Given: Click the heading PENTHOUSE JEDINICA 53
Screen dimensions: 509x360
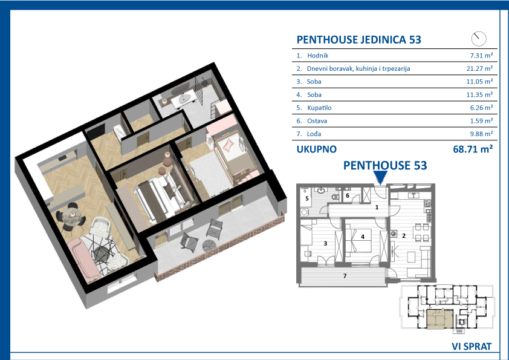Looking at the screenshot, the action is pos(358,40).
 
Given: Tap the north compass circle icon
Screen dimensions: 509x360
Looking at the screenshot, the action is pos(479,39).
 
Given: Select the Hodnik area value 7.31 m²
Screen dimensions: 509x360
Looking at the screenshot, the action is pos(481,56).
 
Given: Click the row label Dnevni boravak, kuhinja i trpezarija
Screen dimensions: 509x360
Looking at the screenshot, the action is pos(358,68).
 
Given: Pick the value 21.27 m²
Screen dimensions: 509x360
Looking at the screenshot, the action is pos(479,68).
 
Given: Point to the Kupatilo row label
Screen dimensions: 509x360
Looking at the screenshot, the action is pos(319,108).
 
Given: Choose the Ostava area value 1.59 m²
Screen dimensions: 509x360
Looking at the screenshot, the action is pos(481,121).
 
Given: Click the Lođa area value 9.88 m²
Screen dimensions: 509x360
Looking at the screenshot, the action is pos(481,134).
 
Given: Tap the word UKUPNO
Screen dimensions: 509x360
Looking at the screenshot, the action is pos(317,149).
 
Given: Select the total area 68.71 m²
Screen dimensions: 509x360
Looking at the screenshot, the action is pos(473,149).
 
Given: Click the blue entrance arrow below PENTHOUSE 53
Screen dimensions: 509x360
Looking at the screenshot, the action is pos(380,177).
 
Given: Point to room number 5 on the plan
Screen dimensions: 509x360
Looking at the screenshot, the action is pos(306,198).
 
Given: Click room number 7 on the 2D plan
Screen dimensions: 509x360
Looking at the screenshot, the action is pos(345,276).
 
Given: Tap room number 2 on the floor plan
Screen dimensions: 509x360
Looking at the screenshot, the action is pos(404,235).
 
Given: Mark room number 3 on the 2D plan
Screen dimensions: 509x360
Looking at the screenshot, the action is pos(325,243).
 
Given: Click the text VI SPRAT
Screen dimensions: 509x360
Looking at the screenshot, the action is pos(472,346).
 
